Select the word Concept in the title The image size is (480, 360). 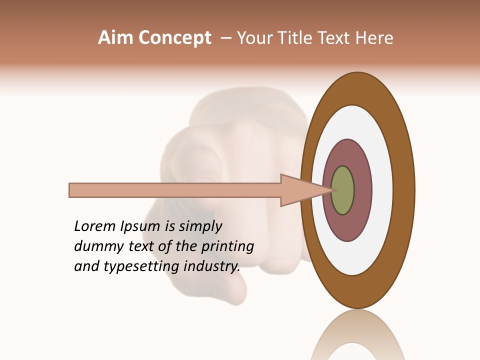174,38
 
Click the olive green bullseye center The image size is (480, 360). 343,190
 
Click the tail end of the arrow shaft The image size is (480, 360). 71,190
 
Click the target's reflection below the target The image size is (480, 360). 357,340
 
